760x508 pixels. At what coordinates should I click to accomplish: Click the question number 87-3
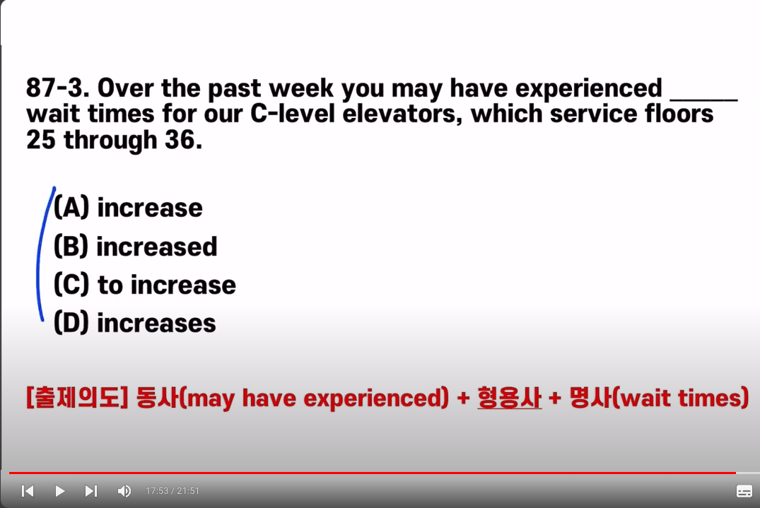(x=58, y=88)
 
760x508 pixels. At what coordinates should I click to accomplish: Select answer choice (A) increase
(x=128, y=208)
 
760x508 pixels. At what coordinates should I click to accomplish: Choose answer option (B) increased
(x=135, y=247)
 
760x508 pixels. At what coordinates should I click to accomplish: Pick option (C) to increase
(x=144, y=285)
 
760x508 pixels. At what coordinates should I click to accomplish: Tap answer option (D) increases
(x=135, y=323)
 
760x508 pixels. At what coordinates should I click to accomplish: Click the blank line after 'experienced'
(x=703, y=100)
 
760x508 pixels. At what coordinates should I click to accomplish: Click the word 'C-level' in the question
(x=293, y=114)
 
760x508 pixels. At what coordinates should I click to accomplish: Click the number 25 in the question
(x=41, y=140)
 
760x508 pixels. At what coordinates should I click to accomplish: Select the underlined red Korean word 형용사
(x=510, y=398)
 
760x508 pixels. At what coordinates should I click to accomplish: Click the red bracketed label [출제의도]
(x=76, y=398)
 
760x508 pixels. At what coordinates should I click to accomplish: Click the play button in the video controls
(x=59, y=491)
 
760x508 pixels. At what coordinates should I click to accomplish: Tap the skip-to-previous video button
(x=28, y=491)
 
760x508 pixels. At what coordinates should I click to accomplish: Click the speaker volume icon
(x=124, y=491)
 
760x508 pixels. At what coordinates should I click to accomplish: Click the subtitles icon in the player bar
(x=744, y=491)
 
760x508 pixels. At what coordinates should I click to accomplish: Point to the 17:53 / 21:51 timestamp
(x=173, y=491)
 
